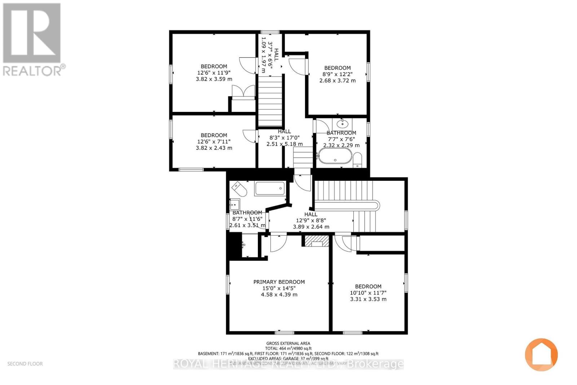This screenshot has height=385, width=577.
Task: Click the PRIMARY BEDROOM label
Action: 279,282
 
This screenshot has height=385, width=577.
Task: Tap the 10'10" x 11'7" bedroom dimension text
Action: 368,293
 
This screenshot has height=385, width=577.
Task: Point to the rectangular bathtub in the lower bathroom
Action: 270,188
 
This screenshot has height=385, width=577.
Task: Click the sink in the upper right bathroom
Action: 342,124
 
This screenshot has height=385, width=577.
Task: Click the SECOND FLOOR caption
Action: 25,364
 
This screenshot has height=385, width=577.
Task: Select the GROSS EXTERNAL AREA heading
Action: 288,343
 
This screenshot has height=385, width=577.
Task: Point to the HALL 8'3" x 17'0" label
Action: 284,137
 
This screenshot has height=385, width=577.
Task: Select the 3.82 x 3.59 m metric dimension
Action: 214,79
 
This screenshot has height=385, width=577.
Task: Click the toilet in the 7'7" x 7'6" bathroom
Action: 357,159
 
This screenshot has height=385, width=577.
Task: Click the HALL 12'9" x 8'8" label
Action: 310,220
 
